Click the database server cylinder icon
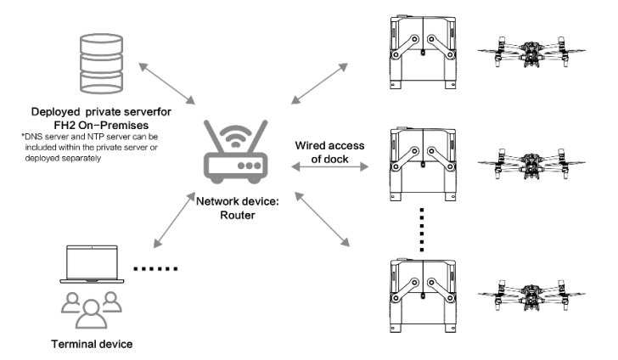tap(101, 64)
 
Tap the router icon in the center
tap(236, 152)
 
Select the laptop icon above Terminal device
tap(92, 264)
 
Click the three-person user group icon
tap(91, 310)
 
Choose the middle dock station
tap(423, 164)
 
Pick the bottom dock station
tap(423, 295)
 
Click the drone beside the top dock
tap(531, 52)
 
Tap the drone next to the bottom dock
tap(531, 295)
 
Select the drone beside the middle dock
tap(531, 164)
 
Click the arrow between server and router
tap(166, 83)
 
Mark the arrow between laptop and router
tap(174, 220)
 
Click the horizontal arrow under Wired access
tap(330, 167)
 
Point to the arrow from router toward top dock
tap(320, 83)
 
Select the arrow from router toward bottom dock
tap(322, 219)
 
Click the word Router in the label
tap(238, 216)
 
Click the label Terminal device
tap(92, 344)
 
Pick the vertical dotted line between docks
tap(422, 230)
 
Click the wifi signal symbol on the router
tap(235, 137)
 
